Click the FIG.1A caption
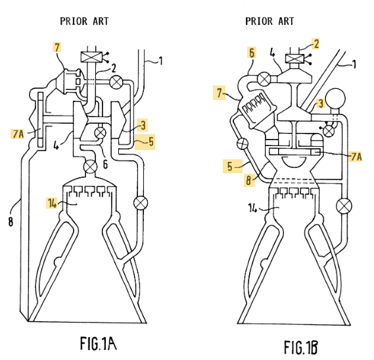[98, 344]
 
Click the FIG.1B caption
[301, 347]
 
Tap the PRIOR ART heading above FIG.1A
[84, 21]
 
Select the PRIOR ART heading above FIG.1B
[269, 21]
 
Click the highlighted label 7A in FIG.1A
[17, 134]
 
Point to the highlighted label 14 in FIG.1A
[52, 203]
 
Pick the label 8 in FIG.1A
[11, 222]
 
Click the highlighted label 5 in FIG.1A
[151, 141]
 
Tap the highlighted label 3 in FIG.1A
[143, 125]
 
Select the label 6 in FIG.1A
[105, 164]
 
